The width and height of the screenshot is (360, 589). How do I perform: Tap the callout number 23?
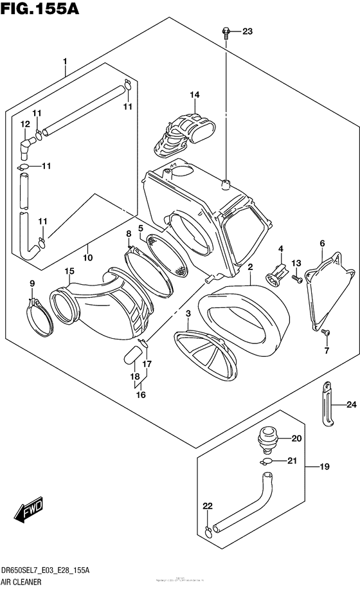(248, 32)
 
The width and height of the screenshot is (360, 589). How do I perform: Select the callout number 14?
(194, 95)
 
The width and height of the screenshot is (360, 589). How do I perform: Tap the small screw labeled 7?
(326, 332)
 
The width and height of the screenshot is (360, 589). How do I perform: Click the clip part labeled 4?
(276, 274)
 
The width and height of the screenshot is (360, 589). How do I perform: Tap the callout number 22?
(207, 507)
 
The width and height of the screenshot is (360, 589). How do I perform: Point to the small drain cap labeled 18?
(134, 354)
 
